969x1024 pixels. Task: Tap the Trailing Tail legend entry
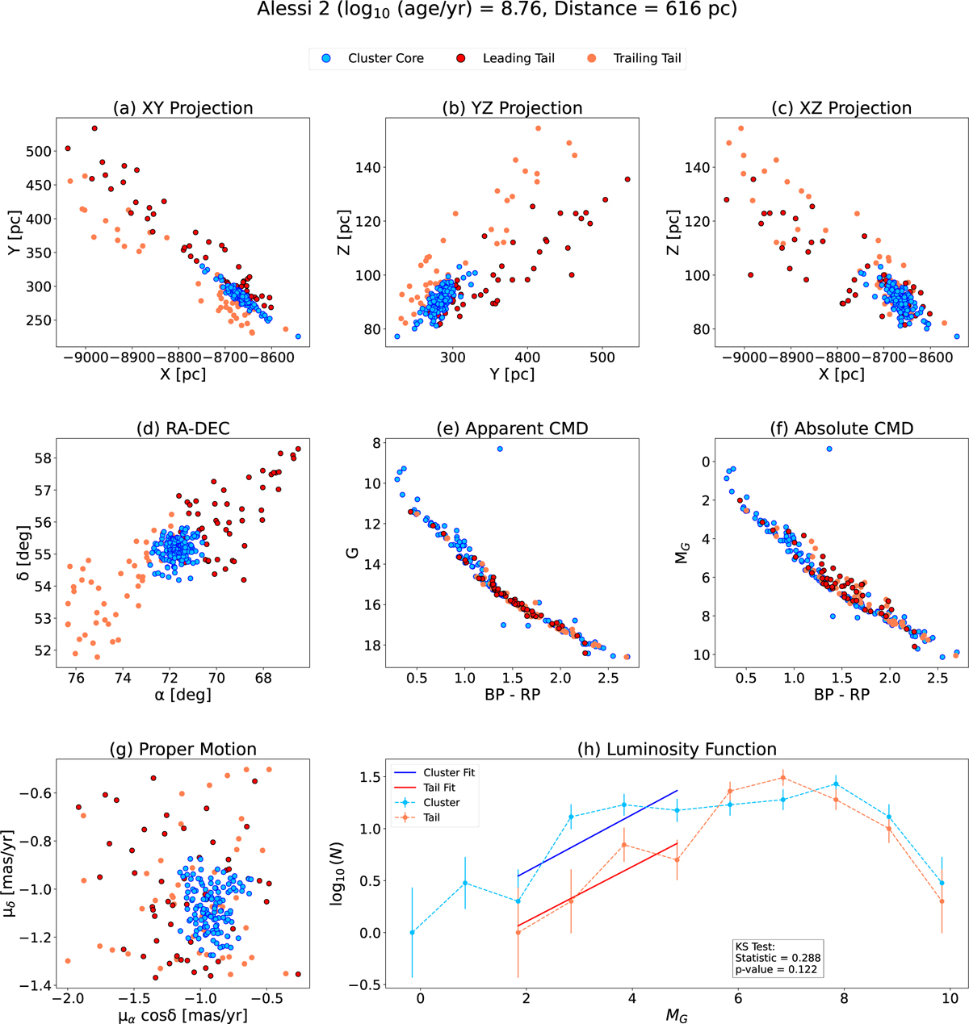point(637,58)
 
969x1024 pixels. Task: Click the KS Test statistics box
point(777,958)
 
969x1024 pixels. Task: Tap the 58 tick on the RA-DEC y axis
point(45,458)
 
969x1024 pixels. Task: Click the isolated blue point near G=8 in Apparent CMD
point(500,449)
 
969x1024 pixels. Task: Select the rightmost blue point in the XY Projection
point(298,336)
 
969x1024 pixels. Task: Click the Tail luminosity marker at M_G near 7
point(782,778)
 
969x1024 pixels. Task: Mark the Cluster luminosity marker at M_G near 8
point(836,784)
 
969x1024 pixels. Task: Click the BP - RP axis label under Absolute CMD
point(835,694)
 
